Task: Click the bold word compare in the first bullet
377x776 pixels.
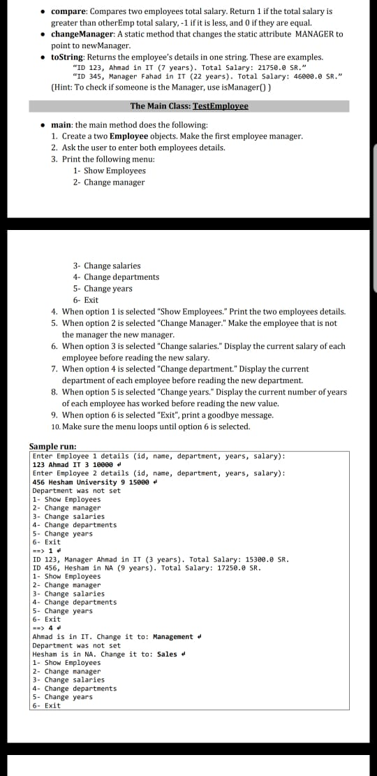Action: click(x=68, y=12)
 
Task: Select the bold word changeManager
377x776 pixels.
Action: click(x=85, y=34)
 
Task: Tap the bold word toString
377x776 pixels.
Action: click(x=70, y=57)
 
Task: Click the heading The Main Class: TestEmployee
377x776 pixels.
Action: click(x=188, y=106)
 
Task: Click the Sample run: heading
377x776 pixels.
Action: click(x=52, y=446)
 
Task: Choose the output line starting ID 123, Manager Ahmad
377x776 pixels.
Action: click(x=161, y=559)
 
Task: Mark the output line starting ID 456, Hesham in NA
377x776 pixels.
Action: click(x=147, y=568)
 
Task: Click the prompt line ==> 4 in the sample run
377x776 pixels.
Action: click(x=44, y=628)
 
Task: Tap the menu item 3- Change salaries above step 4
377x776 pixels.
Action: click(x=106, y=266)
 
